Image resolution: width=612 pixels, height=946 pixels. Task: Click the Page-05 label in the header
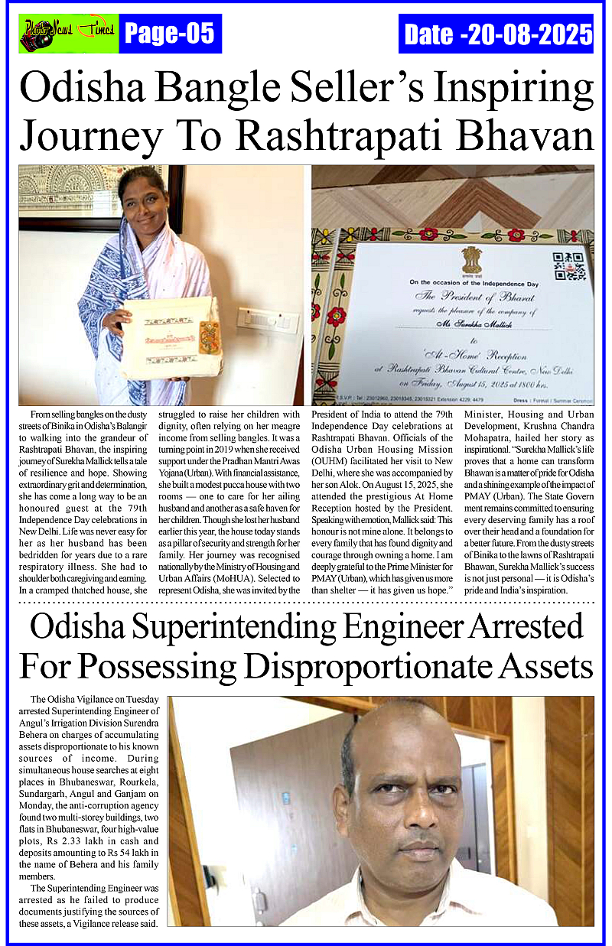[169, 34]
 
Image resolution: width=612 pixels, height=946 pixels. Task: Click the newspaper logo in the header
[68, 33]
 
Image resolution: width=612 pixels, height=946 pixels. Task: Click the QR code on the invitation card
[568, 265]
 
